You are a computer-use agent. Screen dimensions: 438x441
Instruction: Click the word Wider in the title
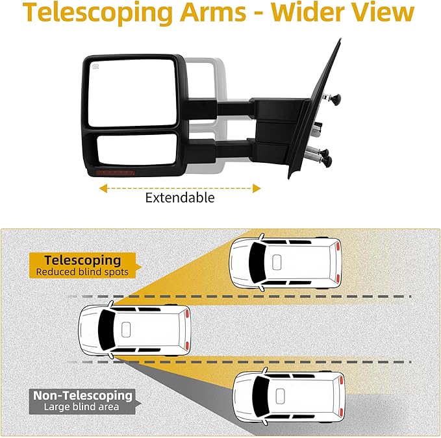point(306,14)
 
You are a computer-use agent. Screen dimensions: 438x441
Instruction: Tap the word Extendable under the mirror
point(179,198)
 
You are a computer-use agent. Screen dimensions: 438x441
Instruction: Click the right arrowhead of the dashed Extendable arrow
point(257,188)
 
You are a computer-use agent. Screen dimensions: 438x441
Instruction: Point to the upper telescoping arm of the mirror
point(221,104)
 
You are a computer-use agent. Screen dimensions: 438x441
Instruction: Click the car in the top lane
point(285,263)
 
